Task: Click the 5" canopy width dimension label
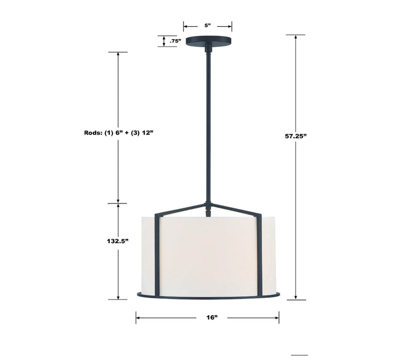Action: click(207, 25)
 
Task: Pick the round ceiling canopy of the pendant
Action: click(207, 42)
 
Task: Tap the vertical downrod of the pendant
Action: click(207, 125)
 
